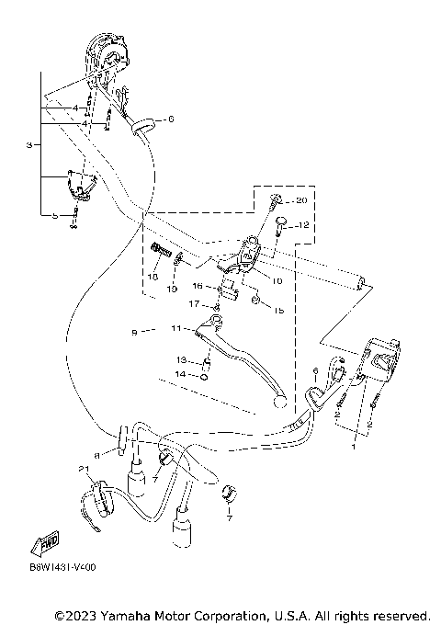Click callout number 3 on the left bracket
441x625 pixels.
(x=29, y=145)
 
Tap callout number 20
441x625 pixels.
(x=302, y=200)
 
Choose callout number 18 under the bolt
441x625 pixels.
(x=154, y=276)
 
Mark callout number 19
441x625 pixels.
(x=172, y=289)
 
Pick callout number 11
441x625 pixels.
(x=176, y=327)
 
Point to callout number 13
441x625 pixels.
(x=182, y=359)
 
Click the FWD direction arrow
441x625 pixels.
(x=43, y=545)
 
